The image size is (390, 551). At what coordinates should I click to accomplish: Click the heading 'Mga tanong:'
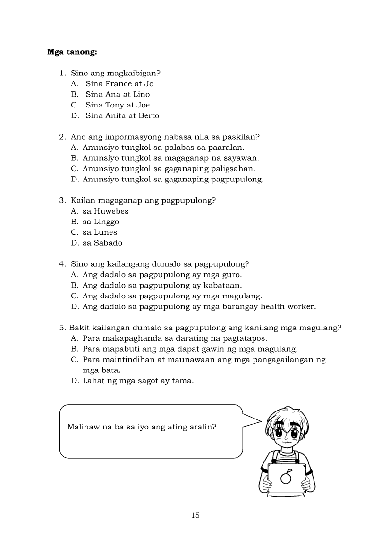[x=72, y=52]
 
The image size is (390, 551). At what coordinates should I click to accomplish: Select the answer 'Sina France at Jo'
[x=119, y=84]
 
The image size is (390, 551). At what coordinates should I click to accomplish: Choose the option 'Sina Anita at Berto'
[x=122, y=115]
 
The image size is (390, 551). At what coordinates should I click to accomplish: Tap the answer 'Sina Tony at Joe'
[x=117, y=105]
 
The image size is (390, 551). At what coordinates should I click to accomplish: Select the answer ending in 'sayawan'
[x=170, y=158]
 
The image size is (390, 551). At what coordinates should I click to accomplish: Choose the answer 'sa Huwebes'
[x=105, y=211]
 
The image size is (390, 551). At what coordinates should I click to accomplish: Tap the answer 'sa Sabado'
[x=102, y=243]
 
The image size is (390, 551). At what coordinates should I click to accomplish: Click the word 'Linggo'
[x=106, y=222]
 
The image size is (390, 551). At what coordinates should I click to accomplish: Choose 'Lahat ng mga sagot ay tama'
[x=138, y=381]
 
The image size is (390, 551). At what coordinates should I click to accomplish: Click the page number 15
[x=195, y=515]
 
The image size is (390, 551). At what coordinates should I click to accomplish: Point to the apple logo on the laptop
[x=286, y=477]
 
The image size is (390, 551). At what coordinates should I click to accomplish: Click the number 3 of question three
[x=61, y=200]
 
